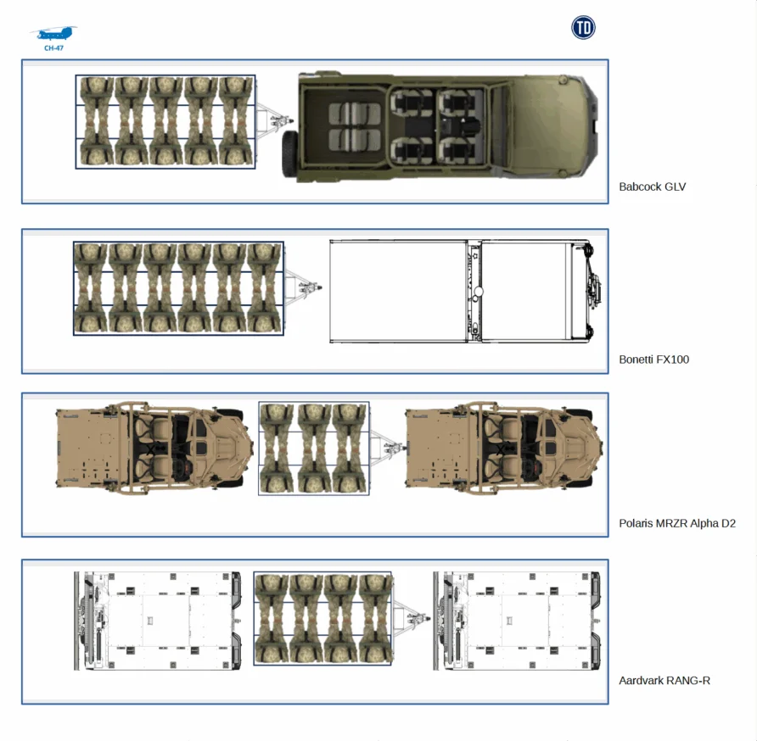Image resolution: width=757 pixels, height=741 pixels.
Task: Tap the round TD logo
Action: (x=583, y=28)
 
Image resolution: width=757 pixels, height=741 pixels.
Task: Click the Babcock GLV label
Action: (x=652, y=187)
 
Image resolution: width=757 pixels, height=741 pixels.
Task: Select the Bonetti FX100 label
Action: (x=653, y=359)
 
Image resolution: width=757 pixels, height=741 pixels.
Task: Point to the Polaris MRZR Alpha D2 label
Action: (x=676, y=523)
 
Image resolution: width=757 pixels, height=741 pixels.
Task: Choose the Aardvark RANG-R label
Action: (x=664, y=680)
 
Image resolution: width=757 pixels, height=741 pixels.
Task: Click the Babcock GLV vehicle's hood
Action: (x=543, y=125)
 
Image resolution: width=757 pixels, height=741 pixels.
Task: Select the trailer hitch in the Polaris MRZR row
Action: (x=386, y=447)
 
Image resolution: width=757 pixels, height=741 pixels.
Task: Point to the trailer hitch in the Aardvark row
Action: (x=407, y=617)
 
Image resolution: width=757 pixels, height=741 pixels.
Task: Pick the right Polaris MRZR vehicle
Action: (x=504, y=448)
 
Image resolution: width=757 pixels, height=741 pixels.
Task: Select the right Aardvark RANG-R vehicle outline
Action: (x=519, y=620)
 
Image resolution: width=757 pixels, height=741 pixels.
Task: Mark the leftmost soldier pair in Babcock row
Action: (x=96, y=121)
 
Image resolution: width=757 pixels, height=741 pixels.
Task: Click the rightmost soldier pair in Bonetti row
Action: (x=264, y=287)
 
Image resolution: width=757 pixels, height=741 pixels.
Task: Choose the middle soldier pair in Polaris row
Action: (x=313, y=448)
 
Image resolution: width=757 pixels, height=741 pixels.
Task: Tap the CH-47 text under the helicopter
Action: (x=53, y=48)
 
